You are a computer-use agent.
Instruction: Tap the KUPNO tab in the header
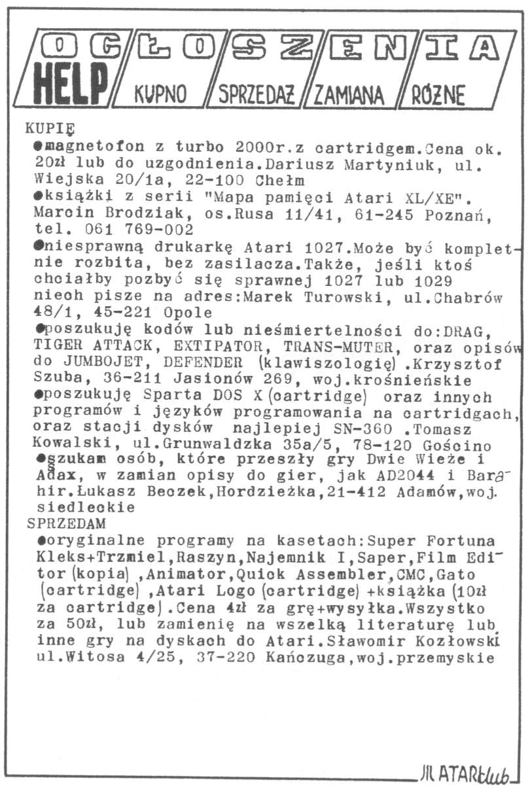[160, 96]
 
